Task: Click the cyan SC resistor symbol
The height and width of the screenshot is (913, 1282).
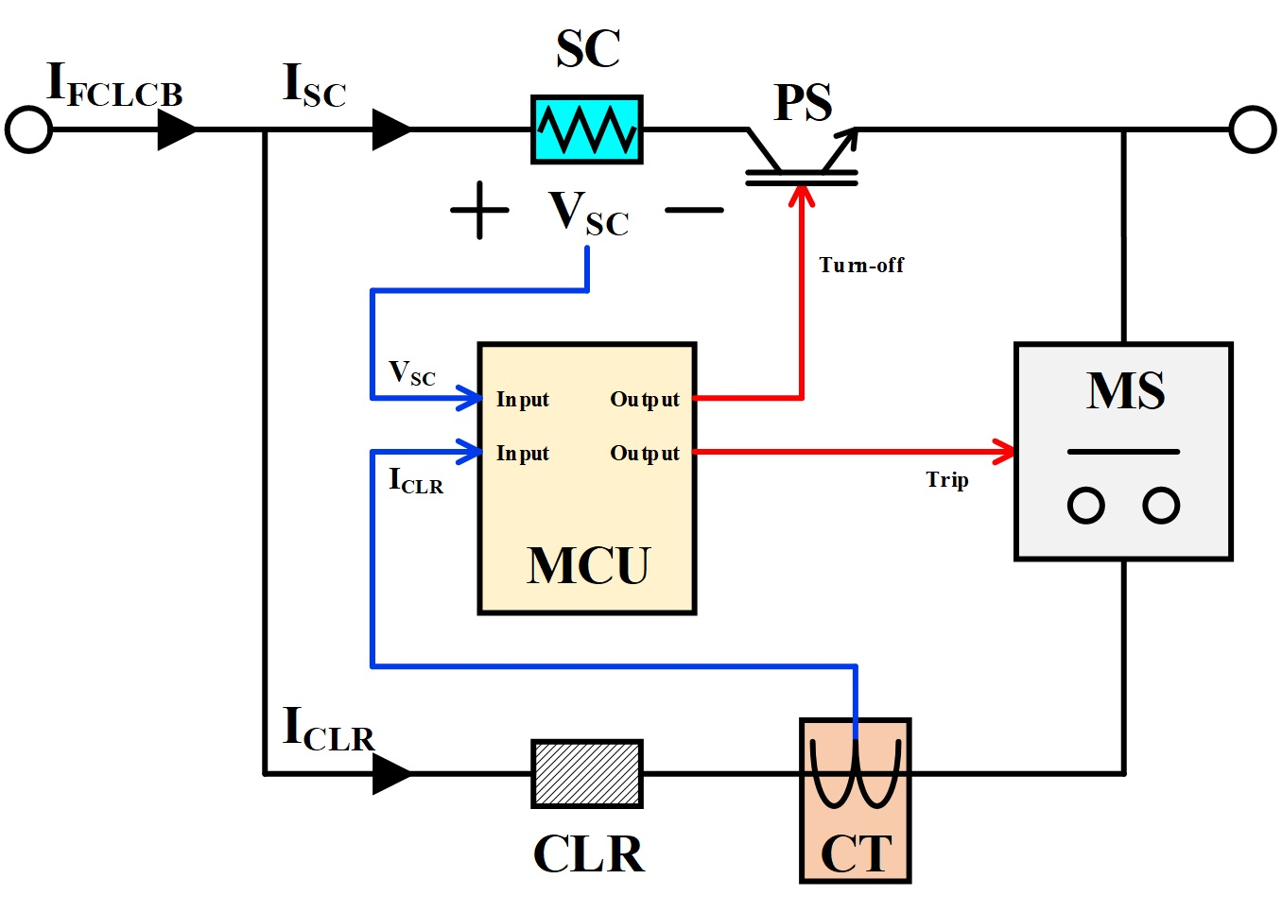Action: [586, 129]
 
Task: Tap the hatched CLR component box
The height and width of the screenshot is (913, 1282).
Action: [586, 773]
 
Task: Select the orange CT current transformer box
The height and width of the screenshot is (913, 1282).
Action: [855, 800]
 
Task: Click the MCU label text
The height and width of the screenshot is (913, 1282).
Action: [587, 566]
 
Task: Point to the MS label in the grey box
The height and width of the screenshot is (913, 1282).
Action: [1125, 391]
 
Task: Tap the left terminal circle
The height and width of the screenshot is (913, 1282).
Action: [28, 129]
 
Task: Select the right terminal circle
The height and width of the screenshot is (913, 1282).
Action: [1253, 129]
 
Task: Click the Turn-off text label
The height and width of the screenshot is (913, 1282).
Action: [861, 266]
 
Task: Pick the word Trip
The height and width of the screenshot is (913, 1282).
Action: [946, 480]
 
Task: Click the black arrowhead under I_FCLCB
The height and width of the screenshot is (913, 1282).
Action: [176, 129]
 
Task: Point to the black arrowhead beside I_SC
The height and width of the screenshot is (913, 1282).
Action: [390, 129]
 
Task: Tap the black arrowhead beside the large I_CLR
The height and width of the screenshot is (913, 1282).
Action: [390, 774]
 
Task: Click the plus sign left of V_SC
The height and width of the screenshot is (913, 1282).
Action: [479, 210]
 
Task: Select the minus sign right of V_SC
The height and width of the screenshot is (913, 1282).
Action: [694, 210]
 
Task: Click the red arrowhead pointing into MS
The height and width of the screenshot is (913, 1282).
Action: [1005, 452]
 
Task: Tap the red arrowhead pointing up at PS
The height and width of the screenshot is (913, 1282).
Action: [802, 195]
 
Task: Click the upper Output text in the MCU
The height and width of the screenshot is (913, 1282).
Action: [645, 400]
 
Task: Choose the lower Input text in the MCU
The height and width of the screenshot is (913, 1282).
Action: [522, 454]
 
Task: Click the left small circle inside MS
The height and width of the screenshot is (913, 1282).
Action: [1085, 506]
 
